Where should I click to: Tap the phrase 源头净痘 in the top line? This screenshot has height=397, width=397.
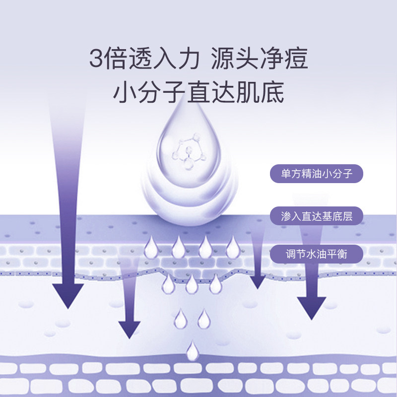[259, 59]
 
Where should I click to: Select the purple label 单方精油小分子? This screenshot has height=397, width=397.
[316, 174]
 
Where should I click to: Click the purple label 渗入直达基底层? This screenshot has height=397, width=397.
[316, 216]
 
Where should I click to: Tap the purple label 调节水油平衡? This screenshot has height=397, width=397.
[316, 254]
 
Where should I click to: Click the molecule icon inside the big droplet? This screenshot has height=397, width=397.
[188, 148]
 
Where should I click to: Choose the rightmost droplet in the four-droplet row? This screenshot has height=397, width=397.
[232, 247]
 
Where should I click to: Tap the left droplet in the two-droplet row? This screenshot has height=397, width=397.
[180, 318]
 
